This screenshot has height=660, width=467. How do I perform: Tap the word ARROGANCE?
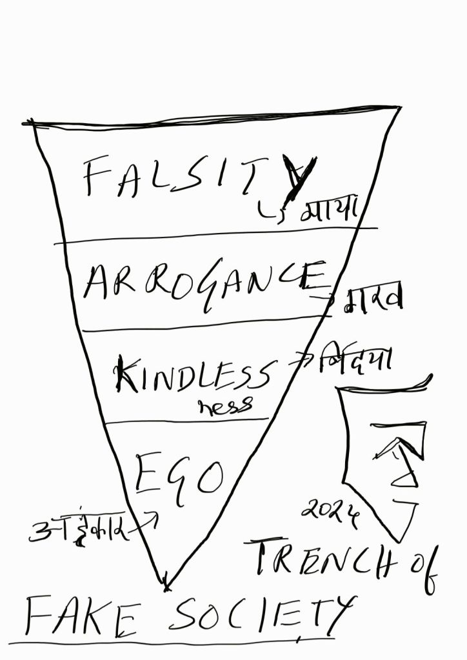pyautogui.click(x=206, y=284)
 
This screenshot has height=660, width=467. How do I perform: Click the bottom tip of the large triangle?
pyautogui.click(x=166, y=586)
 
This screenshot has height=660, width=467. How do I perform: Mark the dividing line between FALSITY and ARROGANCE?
pyautogui.click(x=213, y=235)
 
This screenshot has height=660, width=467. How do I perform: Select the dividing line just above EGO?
pyautogui.click(x=187, y=421)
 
